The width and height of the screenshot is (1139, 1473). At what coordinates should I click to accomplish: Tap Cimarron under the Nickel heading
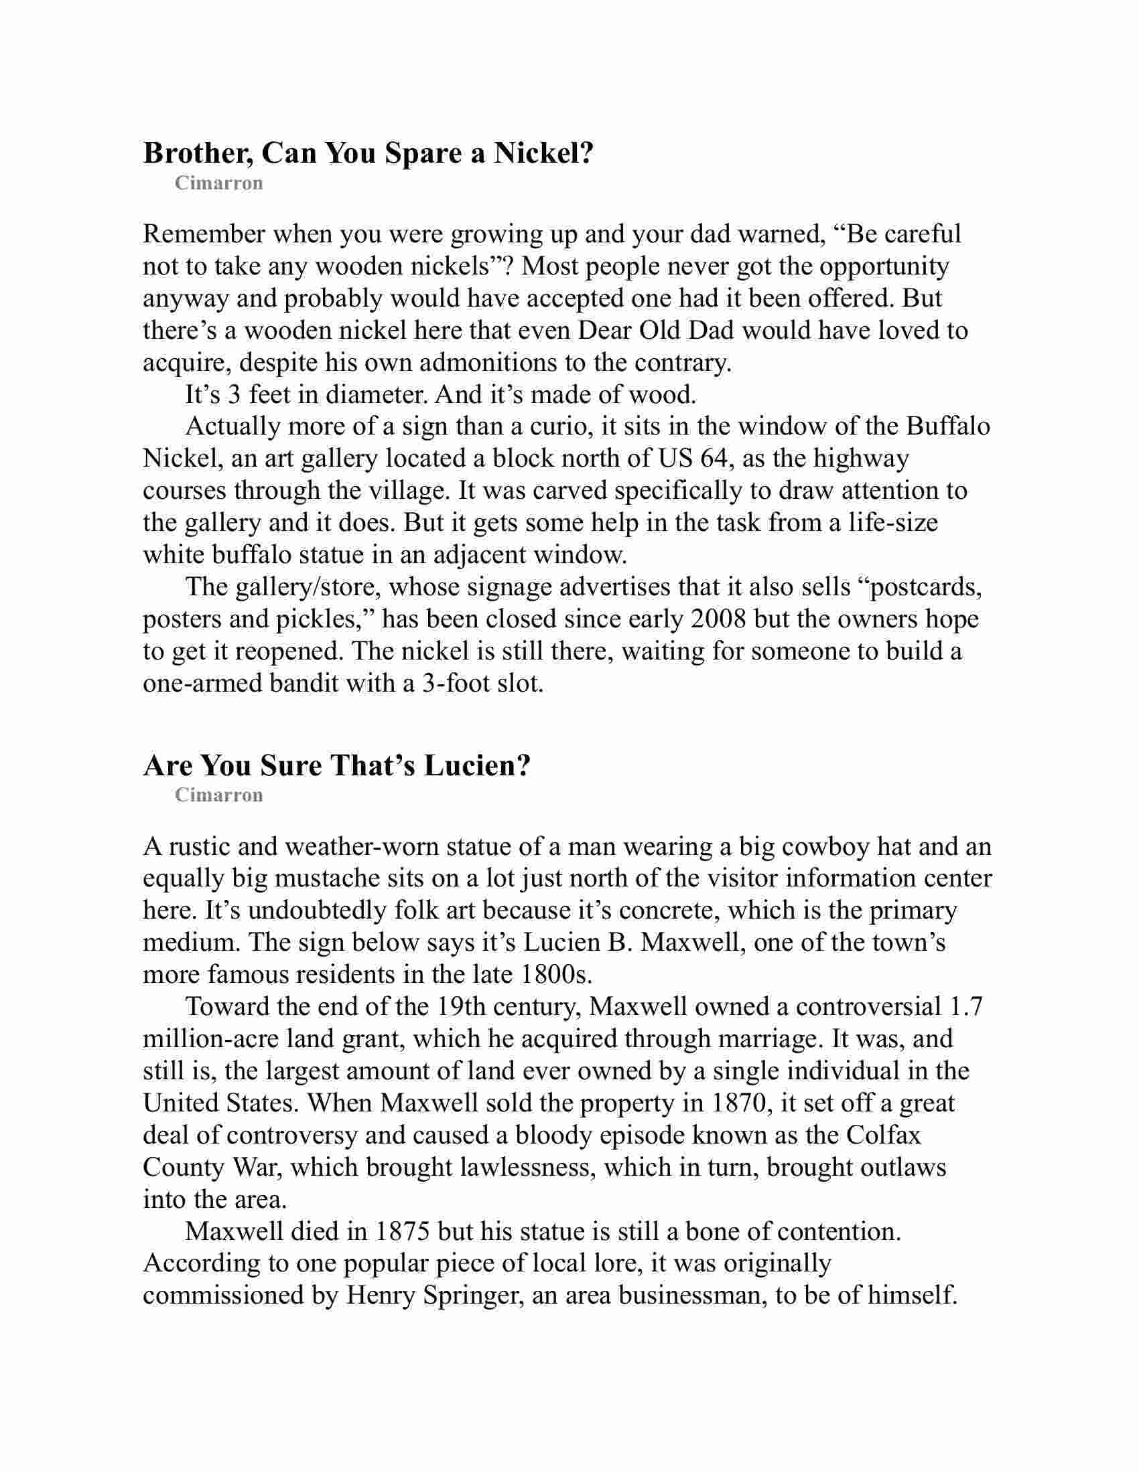tap(218, 183)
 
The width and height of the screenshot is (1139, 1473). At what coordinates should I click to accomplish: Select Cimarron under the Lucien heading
tap(218, 795)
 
